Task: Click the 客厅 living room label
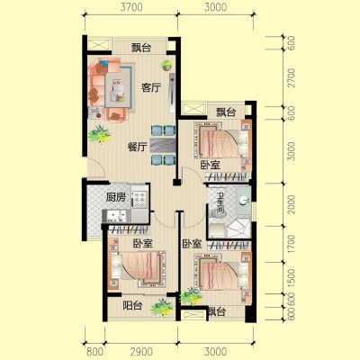pos(151,88)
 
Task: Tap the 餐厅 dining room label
pos(137,147)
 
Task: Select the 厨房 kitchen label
pos(116,197)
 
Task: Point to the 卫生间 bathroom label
pos(220,203)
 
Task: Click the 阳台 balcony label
pos(132,306)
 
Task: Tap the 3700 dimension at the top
pos(131,7)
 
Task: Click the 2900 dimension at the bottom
pos(141,352)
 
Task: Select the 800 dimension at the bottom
pos(94,352)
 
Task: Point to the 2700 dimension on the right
pos(291,77)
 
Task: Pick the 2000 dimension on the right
pos(291,204)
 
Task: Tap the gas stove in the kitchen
pos(139,196)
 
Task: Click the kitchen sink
pos(114,215)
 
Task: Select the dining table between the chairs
pos(163,146)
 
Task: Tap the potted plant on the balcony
pos(162,306)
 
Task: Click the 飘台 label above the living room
pos(141,48)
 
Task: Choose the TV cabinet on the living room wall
pos(172,93)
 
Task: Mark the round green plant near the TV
pos(166,65)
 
